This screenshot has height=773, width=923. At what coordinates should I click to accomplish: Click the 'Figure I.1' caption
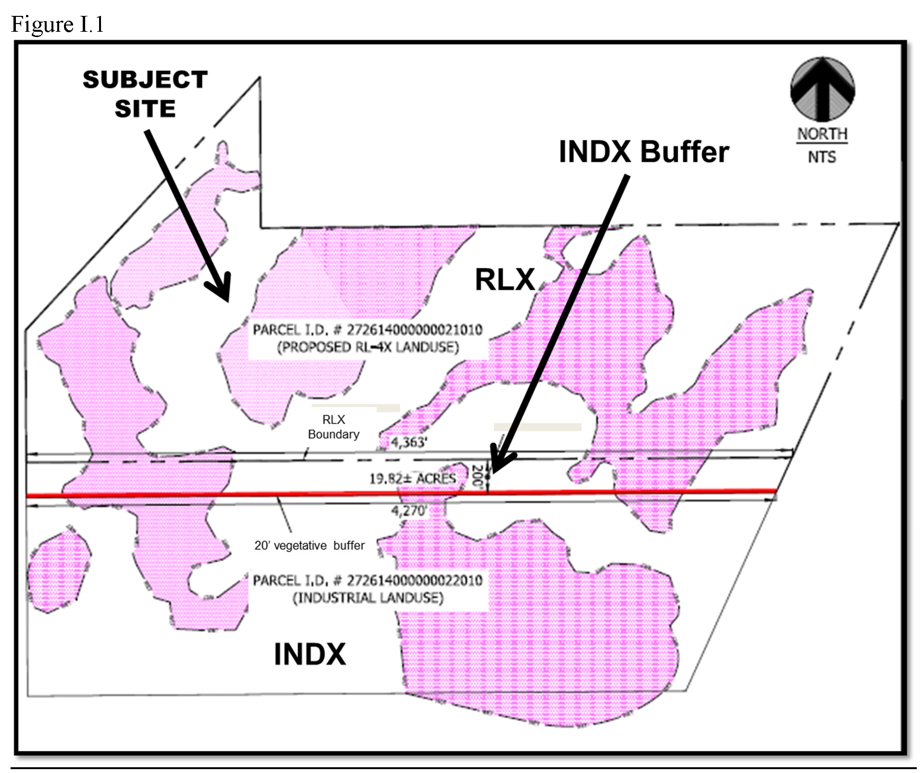click(x=57, y=24)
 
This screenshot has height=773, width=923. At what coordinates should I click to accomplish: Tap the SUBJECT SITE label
click(x=145, y=94)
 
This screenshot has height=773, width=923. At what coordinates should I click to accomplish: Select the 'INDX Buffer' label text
click(x=644, y=152)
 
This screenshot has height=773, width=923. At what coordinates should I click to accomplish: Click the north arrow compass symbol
click(x=822, y=89)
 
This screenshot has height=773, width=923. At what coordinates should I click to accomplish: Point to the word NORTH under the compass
click(x=822, y=134)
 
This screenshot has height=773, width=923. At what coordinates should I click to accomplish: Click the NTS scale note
click(x=822, y=157)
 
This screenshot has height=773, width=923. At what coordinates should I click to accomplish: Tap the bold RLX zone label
click(x=505, y=279)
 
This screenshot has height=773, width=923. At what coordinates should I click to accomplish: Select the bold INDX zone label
click(x=310, y=654)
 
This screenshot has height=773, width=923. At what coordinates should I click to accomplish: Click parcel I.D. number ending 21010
click(x=367, y=330)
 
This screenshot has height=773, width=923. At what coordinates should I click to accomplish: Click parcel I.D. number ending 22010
click(x=367, y=581)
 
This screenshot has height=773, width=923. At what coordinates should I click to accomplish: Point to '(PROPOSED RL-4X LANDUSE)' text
click(x=367, y=347)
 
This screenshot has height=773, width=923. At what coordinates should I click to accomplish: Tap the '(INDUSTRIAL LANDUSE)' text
click(x=367, y=598)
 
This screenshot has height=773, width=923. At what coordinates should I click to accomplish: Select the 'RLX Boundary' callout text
click(x=333, y=427)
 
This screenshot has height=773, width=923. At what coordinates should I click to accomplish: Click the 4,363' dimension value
click(x=408, y=442)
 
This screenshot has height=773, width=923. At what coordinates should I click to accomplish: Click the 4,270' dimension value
click(x=408, y=511)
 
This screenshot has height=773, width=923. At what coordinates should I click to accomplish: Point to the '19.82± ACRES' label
click(x=412, y=479)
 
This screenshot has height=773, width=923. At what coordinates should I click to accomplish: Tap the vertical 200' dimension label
click(x=477, y=476)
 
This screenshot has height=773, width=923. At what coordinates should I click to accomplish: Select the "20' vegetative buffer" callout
click(x=309, y=545)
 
